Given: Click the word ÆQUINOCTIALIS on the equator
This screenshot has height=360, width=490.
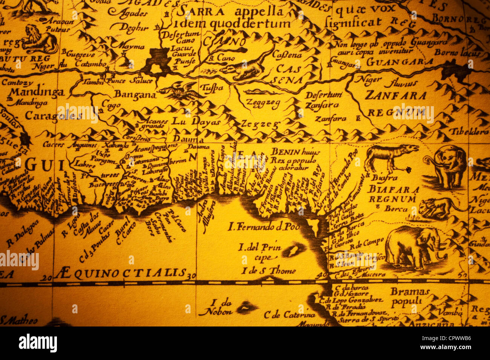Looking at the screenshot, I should pos(121,273).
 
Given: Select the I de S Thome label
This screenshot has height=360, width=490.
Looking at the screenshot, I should pos(268,270).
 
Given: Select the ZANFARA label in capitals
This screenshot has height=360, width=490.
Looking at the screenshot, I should pos(395,96).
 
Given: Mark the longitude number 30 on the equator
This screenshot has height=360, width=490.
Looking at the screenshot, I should pos(191,276).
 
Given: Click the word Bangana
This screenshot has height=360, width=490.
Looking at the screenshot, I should pos(135,95).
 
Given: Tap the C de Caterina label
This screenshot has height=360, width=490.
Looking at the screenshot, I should pos(289,315).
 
